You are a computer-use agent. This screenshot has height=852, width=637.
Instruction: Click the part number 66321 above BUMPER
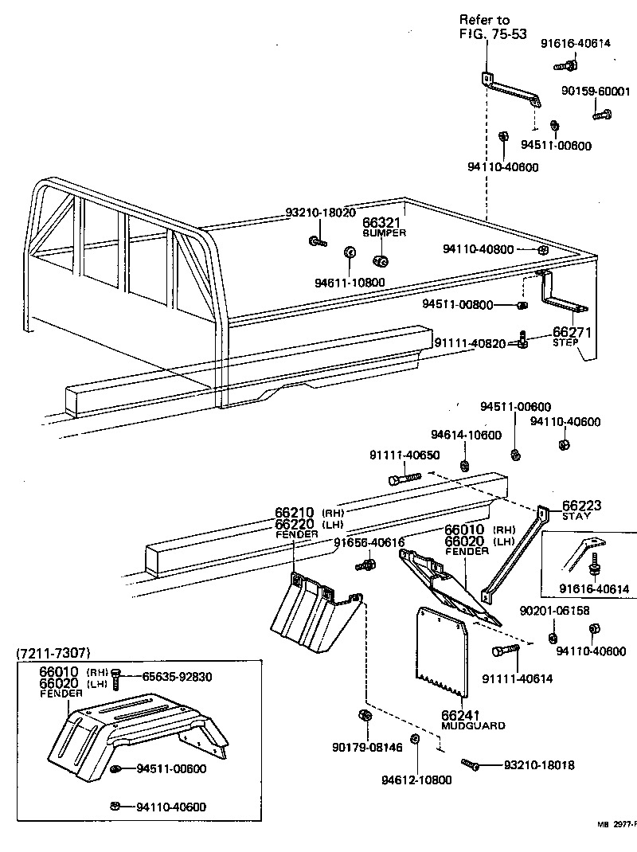coord(381,223)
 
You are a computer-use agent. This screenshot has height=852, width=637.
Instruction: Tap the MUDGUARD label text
coord(473,725)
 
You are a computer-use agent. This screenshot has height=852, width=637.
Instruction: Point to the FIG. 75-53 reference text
coord(493,35)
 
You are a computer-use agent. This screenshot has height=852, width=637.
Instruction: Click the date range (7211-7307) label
coord(53,653)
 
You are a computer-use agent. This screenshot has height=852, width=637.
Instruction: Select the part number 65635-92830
coord(178,677)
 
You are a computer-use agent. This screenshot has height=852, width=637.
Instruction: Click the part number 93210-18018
coord(539,765)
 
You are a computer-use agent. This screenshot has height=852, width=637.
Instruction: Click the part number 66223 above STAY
coord(581,506)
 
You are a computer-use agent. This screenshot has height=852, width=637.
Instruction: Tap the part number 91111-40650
coord(404,455)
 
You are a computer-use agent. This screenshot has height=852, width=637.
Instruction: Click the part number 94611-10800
coord(350,282)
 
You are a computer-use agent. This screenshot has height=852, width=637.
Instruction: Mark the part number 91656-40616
coord(369,542)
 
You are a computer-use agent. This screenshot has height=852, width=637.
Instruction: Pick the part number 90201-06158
coord(555,611)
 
